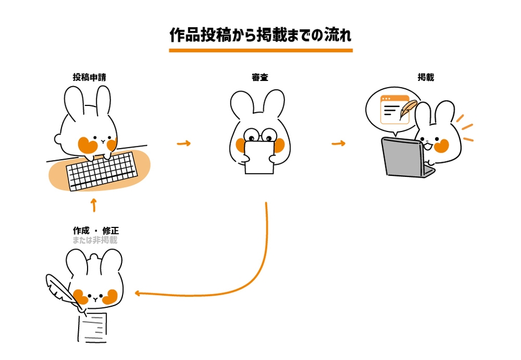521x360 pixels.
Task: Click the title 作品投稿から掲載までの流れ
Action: tap(260, 34)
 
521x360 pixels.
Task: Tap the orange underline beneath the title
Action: tap(260, 50)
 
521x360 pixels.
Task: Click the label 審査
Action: tap(259, 77)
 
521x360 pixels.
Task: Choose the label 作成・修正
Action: tap(95, 230)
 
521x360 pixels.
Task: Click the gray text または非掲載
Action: tap(95, 240)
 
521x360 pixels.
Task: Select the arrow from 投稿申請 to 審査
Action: tap(183, 144)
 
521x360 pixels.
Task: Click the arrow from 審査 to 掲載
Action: tap(338, 144)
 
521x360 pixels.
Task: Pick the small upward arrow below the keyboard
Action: tap(93, 205)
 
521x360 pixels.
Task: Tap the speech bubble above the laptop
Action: tap(393, 109)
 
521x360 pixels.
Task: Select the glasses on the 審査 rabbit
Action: tap(259, 134)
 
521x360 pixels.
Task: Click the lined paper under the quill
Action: tap(93, 327)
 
